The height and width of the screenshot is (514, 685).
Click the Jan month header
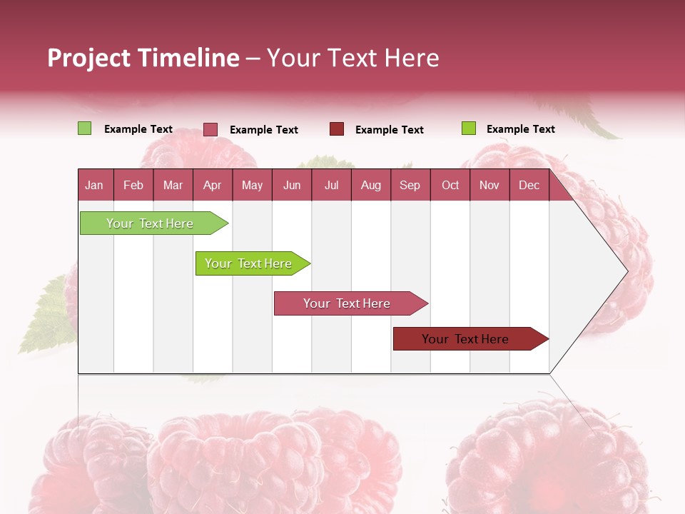click(x=95, y=185)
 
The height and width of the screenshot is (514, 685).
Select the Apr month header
click(x=213, y=185)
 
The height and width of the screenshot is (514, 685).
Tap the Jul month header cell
click(x=331, y=185)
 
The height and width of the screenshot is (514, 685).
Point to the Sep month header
click(x=410, y=185)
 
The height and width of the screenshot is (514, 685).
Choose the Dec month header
click(x=529, y=185)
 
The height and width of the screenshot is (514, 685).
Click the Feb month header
click(x=133, y=185)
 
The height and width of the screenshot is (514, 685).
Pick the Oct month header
click(x=450, y=185)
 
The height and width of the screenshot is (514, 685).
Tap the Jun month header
click(x=292, y=185)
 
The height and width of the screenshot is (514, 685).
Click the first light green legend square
click(x=85, y=128)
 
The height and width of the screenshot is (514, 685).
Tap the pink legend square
click(x=210, y=129)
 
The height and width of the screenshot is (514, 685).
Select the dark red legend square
click(x=337, y=129)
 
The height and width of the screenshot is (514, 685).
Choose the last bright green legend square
click(x=469, y=128)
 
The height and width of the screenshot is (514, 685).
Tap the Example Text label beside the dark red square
click(x=389, y=130)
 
